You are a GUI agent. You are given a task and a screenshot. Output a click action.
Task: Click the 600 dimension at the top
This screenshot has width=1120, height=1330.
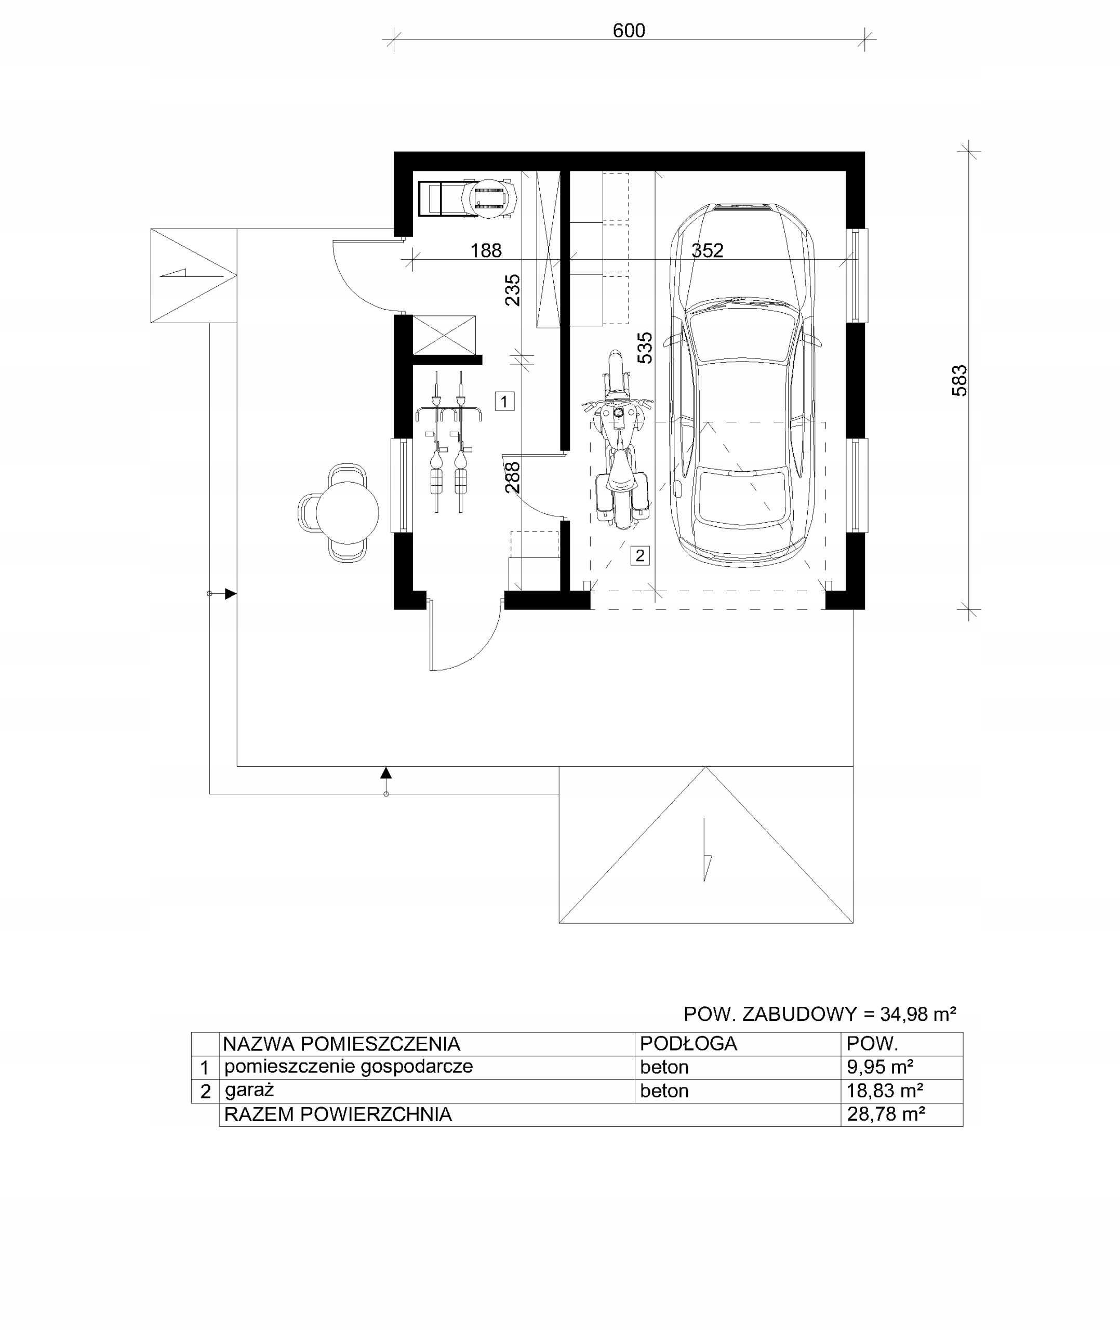(x=629, y=31)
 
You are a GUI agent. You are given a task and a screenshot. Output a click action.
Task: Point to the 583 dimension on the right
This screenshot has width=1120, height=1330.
(x=959, y=381)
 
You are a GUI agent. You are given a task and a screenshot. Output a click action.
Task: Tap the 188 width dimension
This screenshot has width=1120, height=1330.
(x=486, y=251)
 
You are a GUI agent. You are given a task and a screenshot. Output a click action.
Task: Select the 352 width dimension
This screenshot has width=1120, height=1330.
(x=708, y=251)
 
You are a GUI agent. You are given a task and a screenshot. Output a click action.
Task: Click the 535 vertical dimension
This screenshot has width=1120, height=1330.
(x=645, y=348)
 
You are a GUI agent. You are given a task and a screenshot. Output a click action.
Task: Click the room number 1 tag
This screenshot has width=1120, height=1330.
(x=505, y=401)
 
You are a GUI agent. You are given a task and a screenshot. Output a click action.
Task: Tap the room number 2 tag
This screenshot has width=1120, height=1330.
(x=640, y=555)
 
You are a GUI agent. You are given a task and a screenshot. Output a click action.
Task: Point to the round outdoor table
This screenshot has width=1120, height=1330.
(x=348, y=513)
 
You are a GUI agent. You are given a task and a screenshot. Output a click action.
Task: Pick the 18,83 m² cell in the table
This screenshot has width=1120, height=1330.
(x=885, y=1090)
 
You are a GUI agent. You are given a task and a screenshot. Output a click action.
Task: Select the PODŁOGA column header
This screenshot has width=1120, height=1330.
(x=688, y=1043)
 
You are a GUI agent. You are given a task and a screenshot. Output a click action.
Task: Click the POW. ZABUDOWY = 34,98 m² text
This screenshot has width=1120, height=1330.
(x=820, y=1014)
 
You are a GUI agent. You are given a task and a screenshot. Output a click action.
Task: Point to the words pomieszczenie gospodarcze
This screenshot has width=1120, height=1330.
(x=349, y=1067)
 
